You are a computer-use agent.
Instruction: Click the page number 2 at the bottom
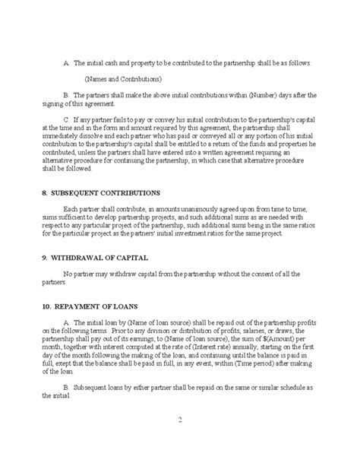coord(180,420)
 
